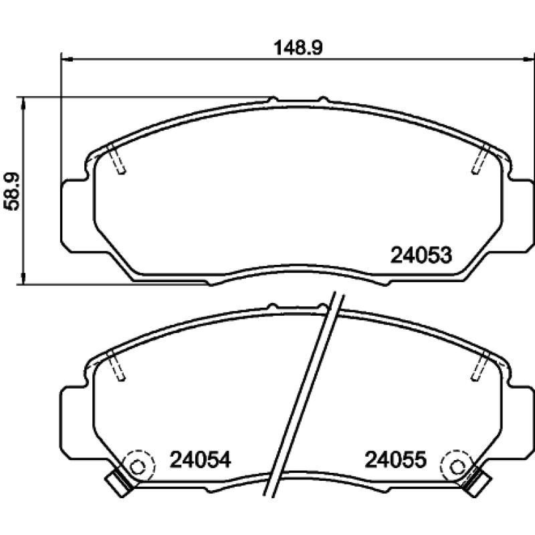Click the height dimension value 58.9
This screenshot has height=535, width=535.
tap(13, 191)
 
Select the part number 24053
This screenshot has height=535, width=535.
tap(421, 255)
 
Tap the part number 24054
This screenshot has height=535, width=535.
tap(200, 459)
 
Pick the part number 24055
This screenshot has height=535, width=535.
tap(395, 459)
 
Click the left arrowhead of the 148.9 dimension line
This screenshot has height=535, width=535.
tap(66, 60)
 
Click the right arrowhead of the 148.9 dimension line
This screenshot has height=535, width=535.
tap(528, 60)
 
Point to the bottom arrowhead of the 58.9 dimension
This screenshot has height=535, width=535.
tap(23, 278)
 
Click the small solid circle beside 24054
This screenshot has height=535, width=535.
tap(138, 467)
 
